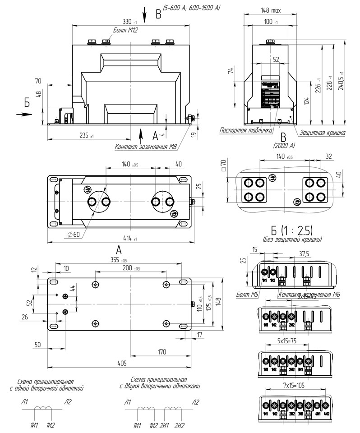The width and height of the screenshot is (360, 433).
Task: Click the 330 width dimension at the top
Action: pos(130,22)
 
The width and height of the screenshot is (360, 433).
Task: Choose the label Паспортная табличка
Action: pos(246,131)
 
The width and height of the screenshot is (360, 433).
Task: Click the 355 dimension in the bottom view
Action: pos(119,260)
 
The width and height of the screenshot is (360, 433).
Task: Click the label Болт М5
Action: pos(247,295)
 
